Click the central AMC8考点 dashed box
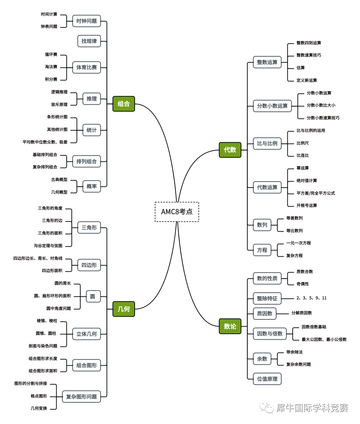177,212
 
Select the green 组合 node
123,104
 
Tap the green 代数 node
230,150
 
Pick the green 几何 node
123,309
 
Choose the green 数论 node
230,326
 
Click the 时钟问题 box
86,21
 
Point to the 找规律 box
89,41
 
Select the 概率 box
91,186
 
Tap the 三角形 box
89,228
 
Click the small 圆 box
93,296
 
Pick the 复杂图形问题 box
81,397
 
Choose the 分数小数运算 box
272,106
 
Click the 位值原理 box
267,379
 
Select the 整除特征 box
267,298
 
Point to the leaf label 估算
300,68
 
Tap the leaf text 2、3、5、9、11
311,298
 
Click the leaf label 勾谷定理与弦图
48,246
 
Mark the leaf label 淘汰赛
51,67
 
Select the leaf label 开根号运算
307,205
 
